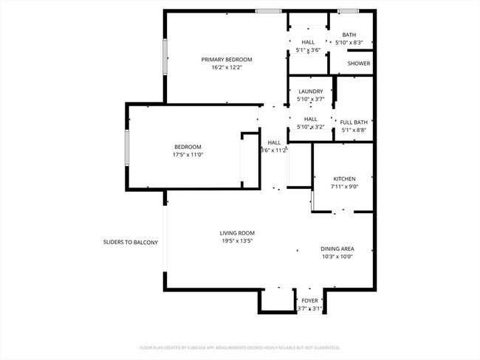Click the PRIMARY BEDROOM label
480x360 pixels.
227,59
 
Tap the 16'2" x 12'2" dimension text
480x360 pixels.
227,67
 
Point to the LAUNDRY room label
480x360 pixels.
310,91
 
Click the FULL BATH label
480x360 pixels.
354,122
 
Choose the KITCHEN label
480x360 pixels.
344,179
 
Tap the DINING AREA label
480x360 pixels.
337,249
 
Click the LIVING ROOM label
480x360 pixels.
237,233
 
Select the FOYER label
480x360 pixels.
309,301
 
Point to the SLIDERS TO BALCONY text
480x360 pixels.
131,241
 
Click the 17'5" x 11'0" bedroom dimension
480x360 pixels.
188,155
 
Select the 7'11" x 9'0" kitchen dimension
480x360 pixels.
344,187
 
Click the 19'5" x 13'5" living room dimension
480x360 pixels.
237,241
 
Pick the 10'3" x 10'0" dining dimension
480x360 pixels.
337,257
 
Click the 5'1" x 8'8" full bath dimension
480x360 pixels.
354,130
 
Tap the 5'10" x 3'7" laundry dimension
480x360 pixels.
310,100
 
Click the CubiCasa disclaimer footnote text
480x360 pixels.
240,347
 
